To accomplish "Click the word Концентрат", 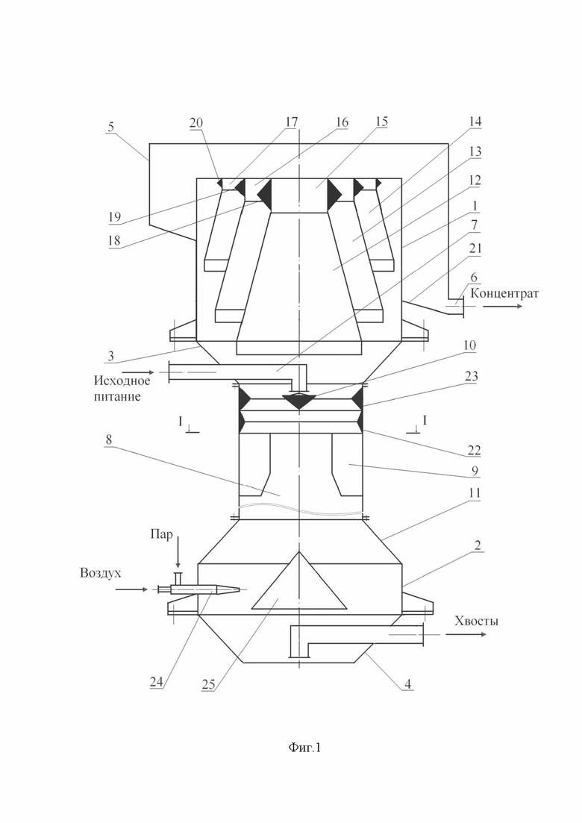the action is coord(504,293).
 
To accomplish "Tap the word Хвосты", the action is coord(476,621).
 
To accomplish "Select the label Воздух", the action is coord(100,572).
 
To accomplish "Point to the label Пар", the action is coord(161,536).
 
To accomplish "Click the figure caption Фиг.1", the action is coord(304,748).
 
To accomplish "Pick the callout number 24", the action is coord(157,682).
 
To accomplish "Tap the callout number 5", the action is coord(110,127).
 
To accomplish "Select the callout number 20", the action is coord(196,122).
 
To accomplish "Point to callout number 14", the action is coord(475,121).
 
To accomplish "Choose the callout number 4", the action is coord(407,683).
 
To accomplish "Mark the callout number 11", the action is coord(475,493).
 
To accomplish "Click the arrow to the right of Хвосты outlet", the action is coord(466,634).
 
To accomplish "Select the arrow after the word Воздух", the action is coord(132,590).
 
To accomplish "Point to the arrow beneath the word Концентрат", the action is coord(503,305).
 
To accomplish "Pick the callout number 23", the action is coord(471,376).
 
